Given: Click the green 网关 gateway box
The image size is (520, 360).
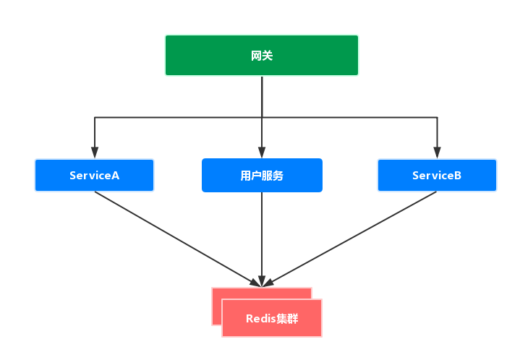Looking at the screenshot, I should coord(261,55).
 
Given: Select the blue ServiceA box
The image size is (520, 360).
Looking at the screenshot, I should coord(94,175).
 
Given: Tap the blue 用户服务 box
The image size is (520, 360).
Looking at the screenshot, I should coord(262,175).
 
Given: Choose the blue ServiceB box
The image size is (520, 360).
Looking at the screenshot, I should coord(437,175).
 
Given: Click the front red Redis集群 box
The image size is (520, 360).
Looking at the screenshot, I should coord(271,318).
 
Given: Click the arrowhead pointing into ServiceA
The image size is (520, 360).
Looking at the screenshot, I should coord(94,153).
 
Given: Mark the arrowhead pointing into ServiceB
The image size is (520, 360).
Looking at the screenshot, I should coord(437,153).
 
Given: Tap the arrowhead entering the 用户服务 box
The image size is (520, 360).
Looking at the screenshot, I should coord(262,153).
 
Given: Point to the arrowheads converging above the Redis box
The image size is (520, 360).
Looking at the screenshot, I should coord(262,280).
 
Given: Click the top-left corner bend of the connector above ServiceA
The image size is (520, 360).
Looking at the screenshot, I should coord(94,116).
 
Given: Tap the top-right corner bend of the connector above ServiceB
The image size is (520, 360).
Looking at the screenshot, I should coord(437,116).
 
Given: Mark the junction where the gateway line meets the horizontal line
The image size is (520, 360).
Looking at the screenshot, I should coord(262,116).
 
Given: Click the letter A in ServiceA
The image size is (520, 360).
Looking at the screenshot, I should coord(115,176).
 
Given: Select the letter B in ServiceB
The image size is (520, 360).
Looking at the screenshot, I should coord(457,176).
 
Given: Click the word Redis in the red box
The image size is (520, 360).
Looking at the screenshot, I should coord(260,319).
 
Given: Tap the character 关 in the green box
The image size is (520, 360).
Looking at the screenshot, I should coord(268,56).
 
